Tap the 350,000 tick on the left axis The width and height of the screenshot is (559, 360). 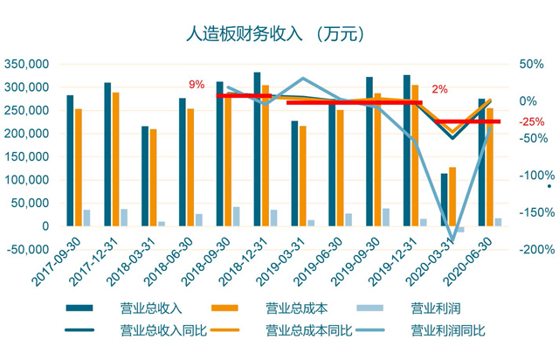(x=26, y=65)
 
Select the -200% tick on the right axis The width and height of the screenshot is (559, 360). (x=531, y=249)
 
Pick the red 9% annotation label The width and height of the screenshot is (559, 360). (x=197, y=85)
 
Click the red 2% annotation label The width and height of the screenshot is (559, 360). (x=439, y=89)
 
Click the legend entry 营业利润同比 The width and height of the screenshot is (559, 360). (x=447, y=331)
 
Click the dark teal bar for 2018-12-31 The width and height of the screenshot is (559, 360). (x=257, y=149)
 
